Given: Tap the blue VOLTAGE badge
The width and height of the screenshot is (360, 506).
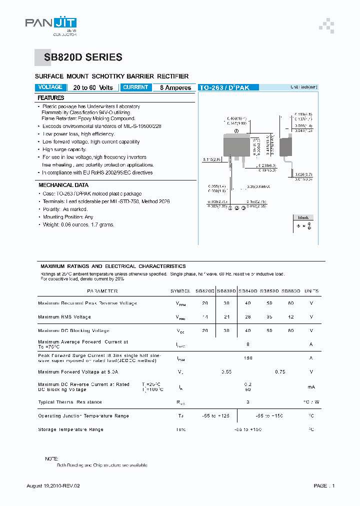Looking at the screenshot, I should click(x=50, y=87).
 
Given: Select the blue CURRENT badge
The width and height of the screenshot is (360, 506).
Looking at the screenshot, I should click(x=135, y=87).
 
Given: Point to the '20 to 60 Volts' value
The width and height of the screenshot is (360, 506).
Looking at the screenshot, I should click(x=93, y=87).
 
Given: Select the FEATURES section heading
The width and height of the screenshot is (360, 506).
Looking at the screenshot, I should click(x=51, y=98).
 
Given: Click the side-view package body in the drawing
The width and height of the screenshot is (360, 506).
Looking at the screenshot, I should click(x=285, y=146).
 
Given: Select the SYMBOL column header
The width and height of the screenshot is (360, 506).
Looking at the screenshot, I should click(x=180, y=291).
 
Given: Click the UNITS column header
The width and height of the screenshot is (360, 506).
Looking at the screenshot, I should click(x=311, y=291).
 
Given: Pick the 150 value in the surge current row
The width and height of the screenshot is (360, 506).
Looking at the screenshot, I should click(x=248, y=358).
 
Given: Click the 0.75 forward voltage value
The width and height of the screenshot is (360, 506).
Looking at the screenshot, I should click(x=280, y=372).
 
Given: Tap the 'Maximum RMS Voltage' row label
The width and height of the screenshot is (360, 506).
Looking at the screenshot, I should click(x=64, y=317).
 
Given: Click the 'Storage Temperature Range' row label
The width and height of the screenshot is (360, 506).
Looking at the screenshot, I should click(x=70, y=429).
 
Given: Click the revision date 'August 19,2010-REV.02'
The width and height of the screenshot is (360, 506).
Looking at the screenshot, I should click(x=53, y=486).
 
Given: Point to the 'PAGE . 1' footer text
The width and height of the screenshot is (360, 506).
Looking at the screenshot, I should click(x=324, y=486).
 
